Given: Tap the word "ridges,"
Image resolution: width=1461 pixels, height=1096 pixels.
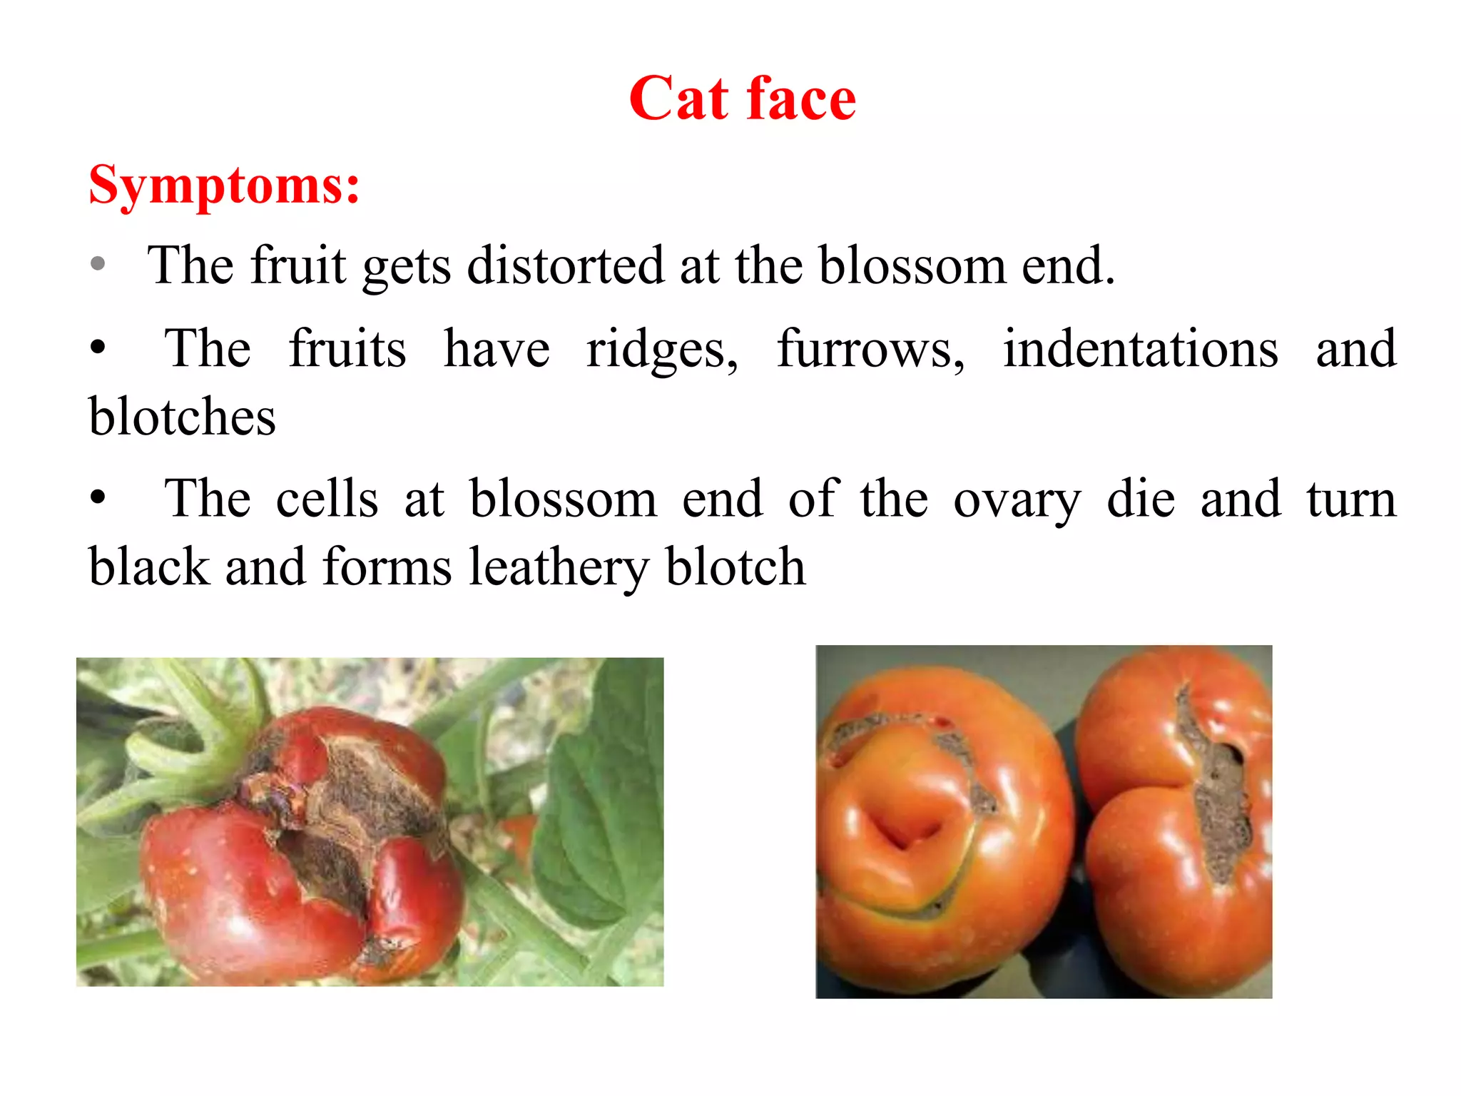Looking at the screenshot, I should point(662,350).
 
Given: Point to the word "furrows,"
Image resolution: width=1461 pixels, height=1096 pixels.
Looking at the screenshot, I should point(870,350).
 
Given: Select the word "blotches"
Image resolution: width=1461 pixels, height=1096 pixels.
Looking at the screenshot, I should point(182,417).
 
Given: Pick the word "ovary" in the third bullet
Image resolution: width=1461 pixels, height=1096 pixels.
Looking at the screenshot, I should point(1017,499).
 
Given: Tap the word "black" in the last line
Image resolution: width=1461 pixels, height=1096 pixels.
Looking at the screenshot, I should point(148,567).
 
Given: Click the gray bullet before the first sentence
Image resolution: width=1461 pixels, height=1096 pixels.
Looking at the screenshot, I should point(98,264).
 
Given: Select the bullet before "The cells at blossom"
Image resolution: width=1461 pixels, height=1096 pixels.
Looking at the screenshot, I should point(98,497).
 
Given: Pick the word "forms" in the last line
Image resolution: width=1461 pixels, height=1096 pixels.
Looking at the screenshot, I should point(387,568).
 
